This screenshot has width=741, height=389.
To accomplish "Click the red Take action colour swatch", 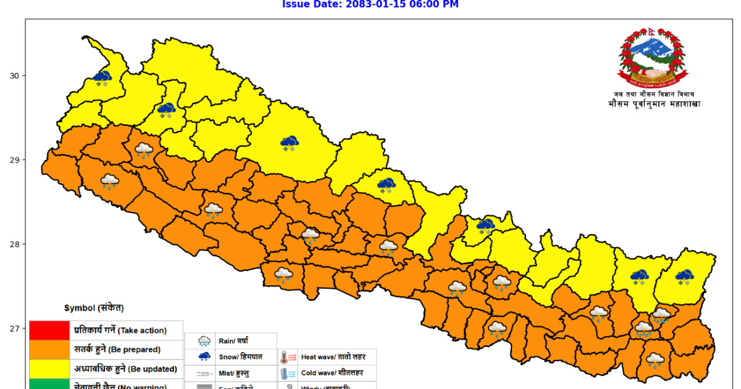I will click(49, 330).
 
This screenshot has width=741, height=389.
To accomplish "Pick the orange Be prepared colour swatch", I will click(49, 349).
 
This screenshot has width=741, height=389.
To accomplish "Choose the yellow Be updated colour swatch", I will click(49, 369).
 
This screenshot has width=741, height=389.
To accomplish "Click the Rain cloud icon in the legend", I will click(204, 341).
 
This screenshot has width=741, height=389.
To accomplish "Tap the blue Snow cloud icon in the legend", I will click(204, 357).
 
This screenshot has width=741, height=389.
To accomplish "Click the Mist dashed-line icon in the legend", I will click(204, 374).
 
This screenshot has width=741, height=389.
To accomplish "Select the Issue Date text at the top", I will click(370, 5).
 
